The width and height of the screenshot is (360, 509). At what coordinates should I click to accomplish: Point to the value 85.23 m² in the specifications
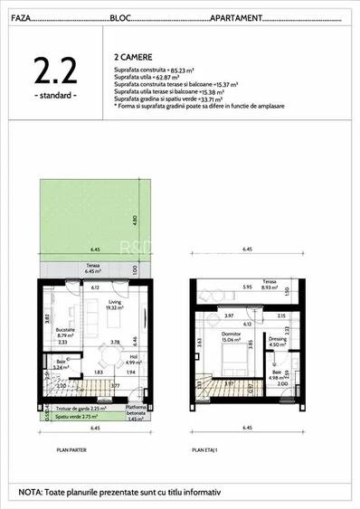pyautogui.click(x=178, y=70)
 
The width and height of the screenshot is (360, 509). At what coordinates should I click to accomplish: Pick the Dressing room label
pyautogui.click(x=278, y=340)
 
